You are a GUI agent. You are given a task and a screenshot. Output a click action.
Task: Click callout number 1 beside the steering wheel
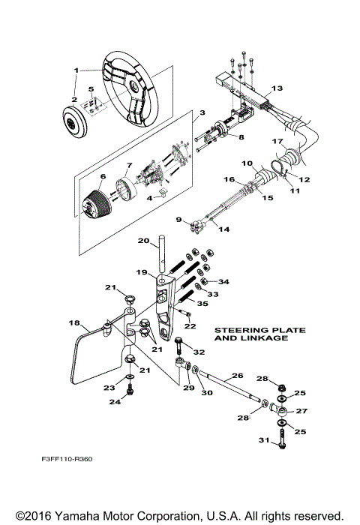click(76, 70)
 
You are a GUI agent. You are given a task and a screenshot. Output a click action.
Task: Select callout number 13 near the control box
click(277, 88)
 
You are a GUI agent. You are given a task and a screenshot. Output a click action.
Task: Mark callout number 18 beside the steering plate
click(73, 323)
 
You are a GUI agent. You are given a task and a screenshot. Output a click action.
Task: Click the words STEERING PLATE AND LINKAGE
click(250, 333)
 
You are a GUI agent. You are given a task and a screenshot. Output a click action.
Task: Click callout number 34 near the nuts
click(223, 281)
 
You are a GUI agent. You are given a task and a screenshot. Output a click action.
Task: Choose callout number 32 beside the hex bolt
click(198, 352)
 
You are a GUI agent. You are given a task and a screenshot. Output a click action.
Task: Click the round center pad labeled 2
click(74, 121)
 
